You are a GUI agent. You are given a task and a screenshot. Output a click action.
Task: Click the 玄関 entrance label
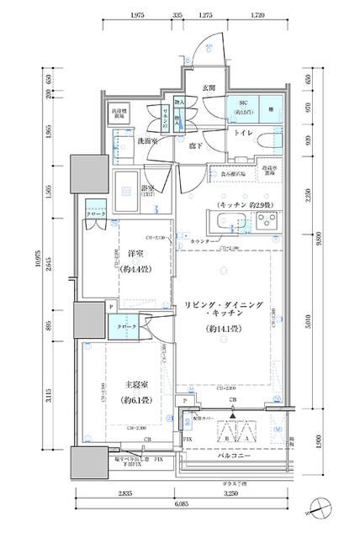[x=208, y=87]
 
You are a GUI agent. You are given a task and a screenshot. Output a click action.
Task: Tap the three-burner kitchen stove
[x=269, y=222]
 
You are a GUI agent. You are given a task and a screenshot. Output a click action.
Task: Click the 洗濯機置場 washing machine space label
[x=119, y=113]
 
